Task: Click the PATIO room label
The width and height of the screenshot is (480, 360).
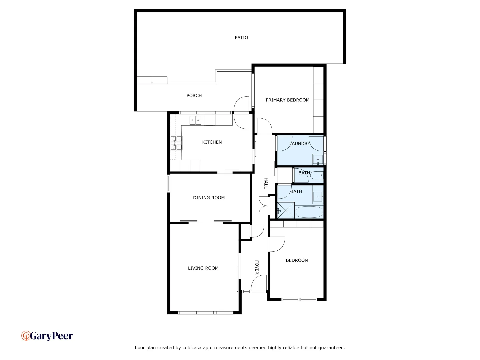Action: [x=241, y=38]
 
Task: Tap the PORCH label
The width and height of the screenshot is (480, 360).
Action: [x=194, y=96]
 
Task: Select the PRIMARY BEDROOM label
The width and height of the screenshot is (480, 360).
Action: [x=287, y=100]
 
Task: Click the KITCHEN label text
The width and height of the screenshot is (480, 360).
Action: [x=212, y=142]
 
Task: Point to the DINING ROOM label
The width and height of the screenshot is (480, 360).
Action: [x=209, y=198]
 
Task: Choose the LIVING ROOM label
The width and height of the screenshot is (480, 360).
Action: [x=203, y=268]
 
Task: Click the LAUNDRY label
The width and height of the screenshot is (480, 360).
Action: [x=300, y=144]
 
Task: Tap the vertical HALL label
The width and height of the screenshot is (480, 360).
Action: [x=266, y=183]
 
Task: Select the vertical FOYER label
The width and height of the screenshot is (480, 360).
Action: [x=257, y=267]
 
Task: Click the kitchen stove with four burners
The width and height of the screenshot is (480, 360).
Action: [x=176, y=143]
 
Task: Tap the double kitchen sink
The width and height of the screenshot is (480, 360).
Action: [x=195, y=120]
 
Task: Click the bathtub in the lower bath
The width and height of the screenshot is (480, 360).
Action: [x=309, y=212]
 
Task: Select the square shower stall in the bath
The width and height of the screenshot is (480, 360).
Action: [x=286, y=210]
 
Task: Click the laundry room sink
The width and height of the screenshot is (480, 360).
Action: [x=318, y=160]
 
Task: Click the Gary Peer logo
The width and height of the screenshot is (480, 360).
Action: [x=47, y=336]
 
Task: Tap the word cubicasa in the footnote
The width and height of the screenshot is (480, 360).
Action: [x=192, y=348]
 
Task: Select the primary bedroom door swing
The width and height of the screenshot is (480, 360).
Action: [x=265, y=126]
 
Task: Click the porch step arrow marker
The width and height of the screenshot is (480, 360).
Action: [x=152, y=82]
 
